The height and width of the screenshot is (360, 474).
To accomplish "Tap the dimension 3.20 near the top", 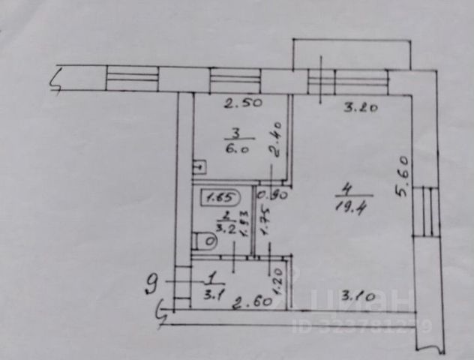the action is [x=359, y=108].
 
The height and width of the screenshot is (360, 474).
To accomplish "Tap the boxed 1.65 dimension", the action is [x=218, y=198].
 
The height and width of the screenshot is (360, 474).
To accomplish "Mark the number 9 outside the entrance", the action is [x=152, y=283].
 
